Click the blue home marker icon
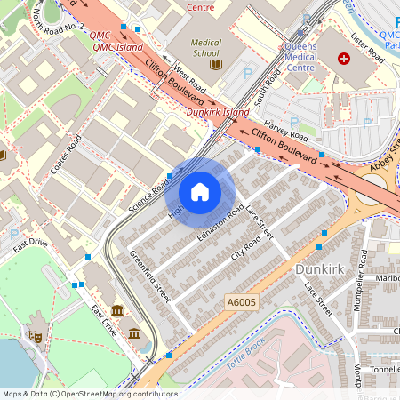pyautogui.click(x=200, y=192)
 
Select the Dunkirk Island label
pyautogui.click(x=218, y=113)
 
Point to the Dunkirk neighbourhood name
pyautogui.click(x=316, y=267)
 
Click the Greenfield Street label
pyautogui.click(x=149, y=276)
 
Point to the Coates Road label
pyautogui.click(x=66, y=156)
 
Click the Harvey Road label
pyautogui.click(x=285, y=129)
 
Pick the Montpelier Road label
pyautogui.click(x=362, y=276)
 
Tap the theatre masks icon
pyautogui.click(x=36, y=337)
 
